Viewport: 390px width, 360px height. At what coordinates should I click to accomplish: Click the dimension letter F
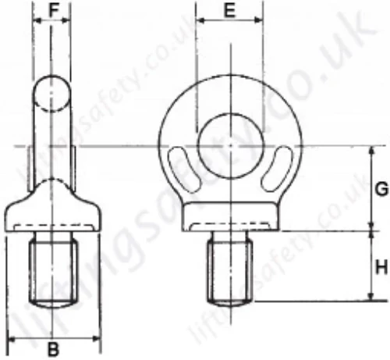53,10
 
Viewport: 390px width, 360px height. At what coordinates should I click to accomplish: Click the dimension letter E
229,11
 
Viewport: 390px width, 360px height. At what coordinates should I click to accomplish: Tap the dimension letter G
381,189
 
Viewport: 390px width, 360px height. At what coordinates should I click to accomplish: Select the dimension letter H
381,268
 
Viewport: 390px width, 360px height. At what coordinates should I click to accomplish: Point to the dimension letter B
53,349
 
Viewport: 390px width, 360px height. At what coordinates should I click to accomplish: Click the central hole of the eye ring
231,146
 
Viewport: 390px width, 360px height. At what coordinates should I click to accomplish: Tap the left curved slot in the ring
184,169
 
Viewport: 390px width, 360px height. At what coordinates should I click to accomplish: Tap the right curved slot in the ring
277,169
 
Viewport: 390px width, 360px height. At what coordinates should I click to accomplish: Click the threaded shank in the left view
53,270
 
